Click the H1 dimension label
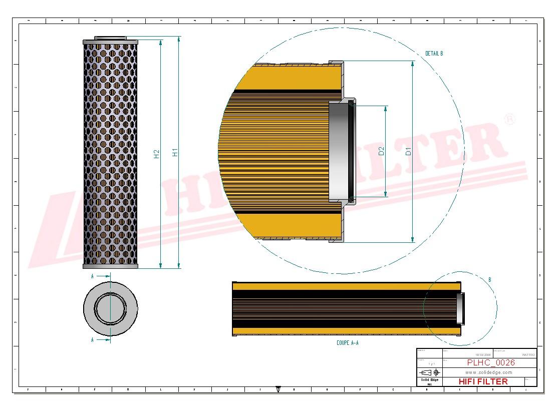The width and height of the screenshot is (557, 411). coord(175,153)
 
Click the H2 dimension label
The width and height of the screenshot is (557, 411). coord(156,154)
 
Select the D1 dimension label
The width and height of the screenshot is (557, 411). coord(408,151)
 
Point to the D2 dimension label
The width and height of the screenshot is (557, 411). coord(381,151)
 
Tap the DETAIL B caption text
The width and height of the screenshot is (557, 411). coord(434,53)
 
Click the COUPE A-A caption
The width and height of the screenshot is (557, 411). coord(347,343)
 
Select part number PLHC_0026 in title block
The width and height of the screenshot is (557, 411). coord(490,362)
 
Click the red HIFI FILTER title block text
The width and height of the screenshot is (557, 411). coord(483,381)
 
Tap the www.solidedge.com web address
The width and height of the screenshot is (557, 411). coord(488,372)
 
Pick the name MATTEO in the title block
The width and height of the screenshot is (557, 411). coord(528,354)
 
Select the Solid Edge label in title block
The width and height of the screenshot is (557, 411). coord(428,380)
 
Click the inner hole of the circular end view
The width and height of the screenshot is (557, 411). coord(110,308)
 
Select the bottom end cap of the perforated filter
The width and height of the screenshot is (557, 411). coord(110,266)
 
